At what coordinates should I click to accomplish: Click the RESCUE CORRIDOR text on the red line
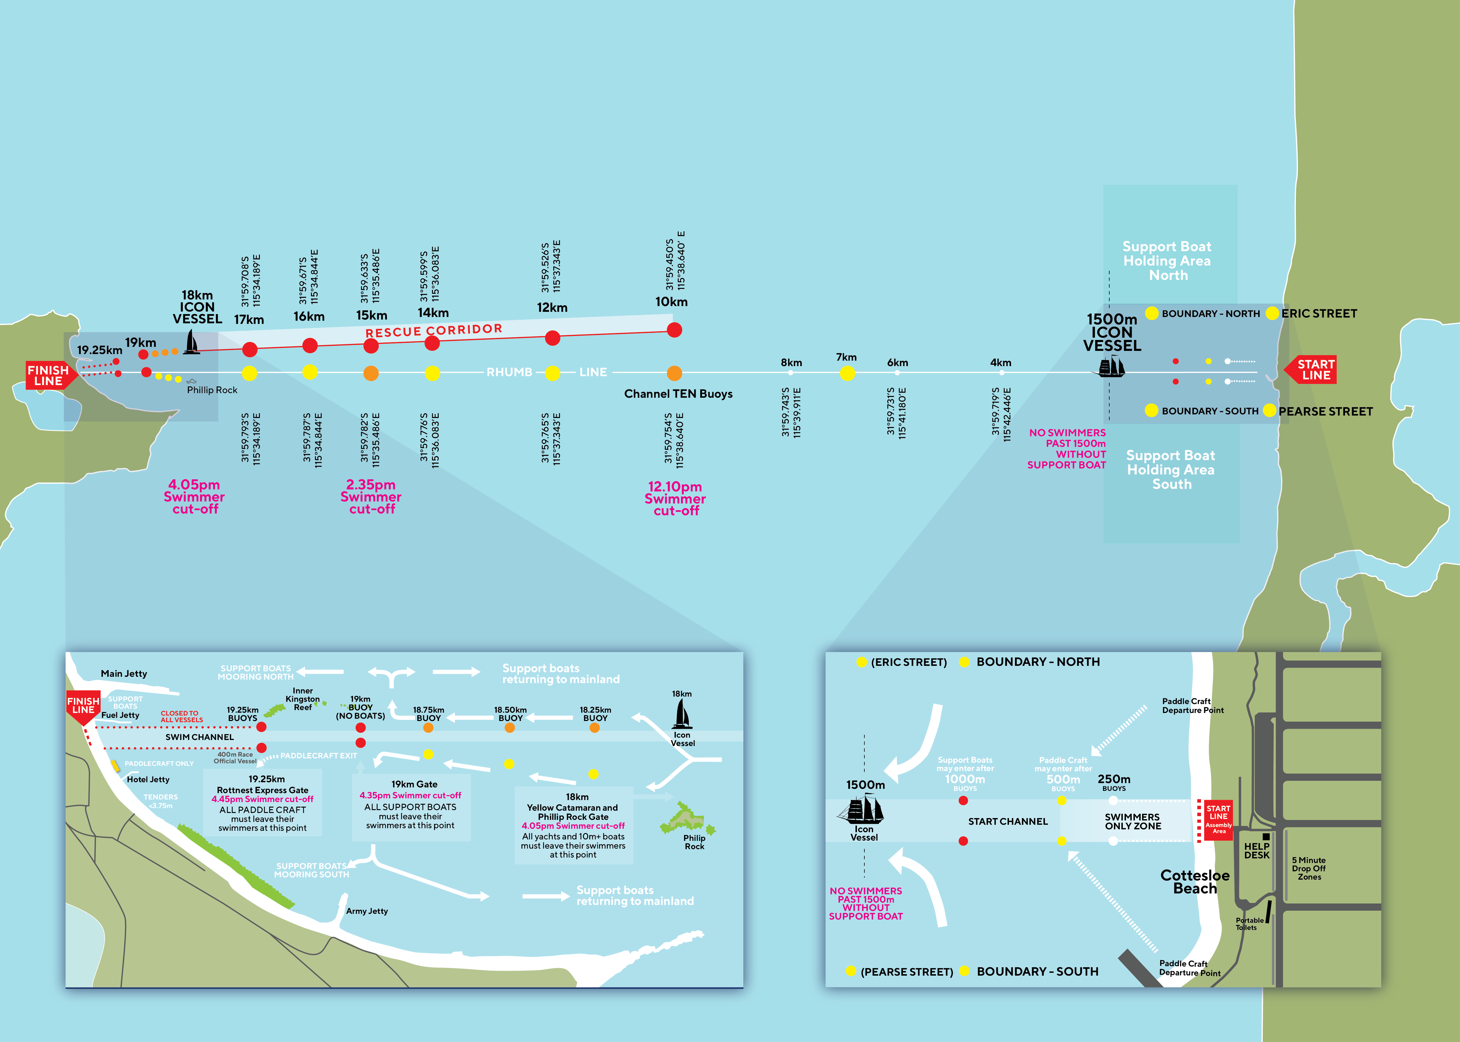coord(434,330)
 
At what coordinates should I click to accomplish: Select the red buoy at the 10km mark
coord(674,330)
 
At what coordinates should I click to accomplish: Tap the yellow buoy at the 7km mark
coord(847,373)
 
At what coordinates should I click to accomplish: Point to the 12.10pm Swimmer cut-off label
coord(675,499)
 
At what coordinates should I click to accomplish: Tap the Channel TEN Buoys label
coord(678,394)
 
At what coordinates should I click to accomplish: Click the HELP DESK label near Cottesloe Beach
coord(1256,851)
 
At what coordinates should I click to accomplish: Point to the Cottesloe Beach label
coord(1195,882)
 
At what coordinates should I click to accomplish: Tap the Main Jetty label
coord(124,674)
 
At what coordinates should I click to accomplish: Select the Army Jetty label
coord(367,911)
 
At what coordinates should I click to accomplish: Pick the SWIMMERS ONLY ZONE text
coord(1133,822)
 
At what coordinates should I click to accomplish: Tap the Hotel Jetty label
coord(148,780)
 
